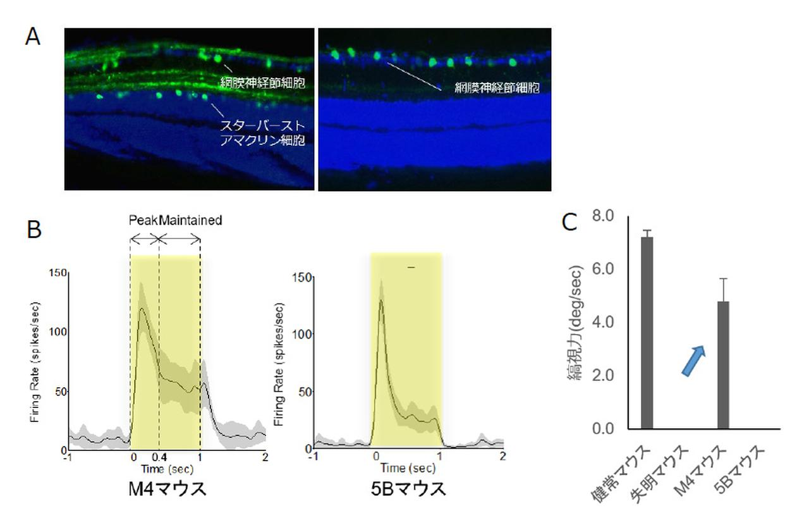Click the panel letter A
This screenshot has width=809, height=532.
[33, 37]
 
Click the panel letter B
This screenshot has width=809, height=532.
[33, 229]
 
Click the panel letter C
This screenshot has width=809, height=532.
[569, 223]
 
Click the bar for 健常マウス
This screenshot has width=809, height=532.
[647, 332]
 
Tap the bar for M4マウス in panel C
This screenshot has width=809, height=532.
[724, 364]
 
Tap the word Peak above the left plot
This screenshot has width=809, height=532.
[143, 221]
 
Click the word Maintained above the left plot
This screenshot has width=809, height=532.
[190, 221]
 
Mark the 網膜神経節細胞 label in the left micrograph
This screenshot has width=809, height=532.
[263, 82]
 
